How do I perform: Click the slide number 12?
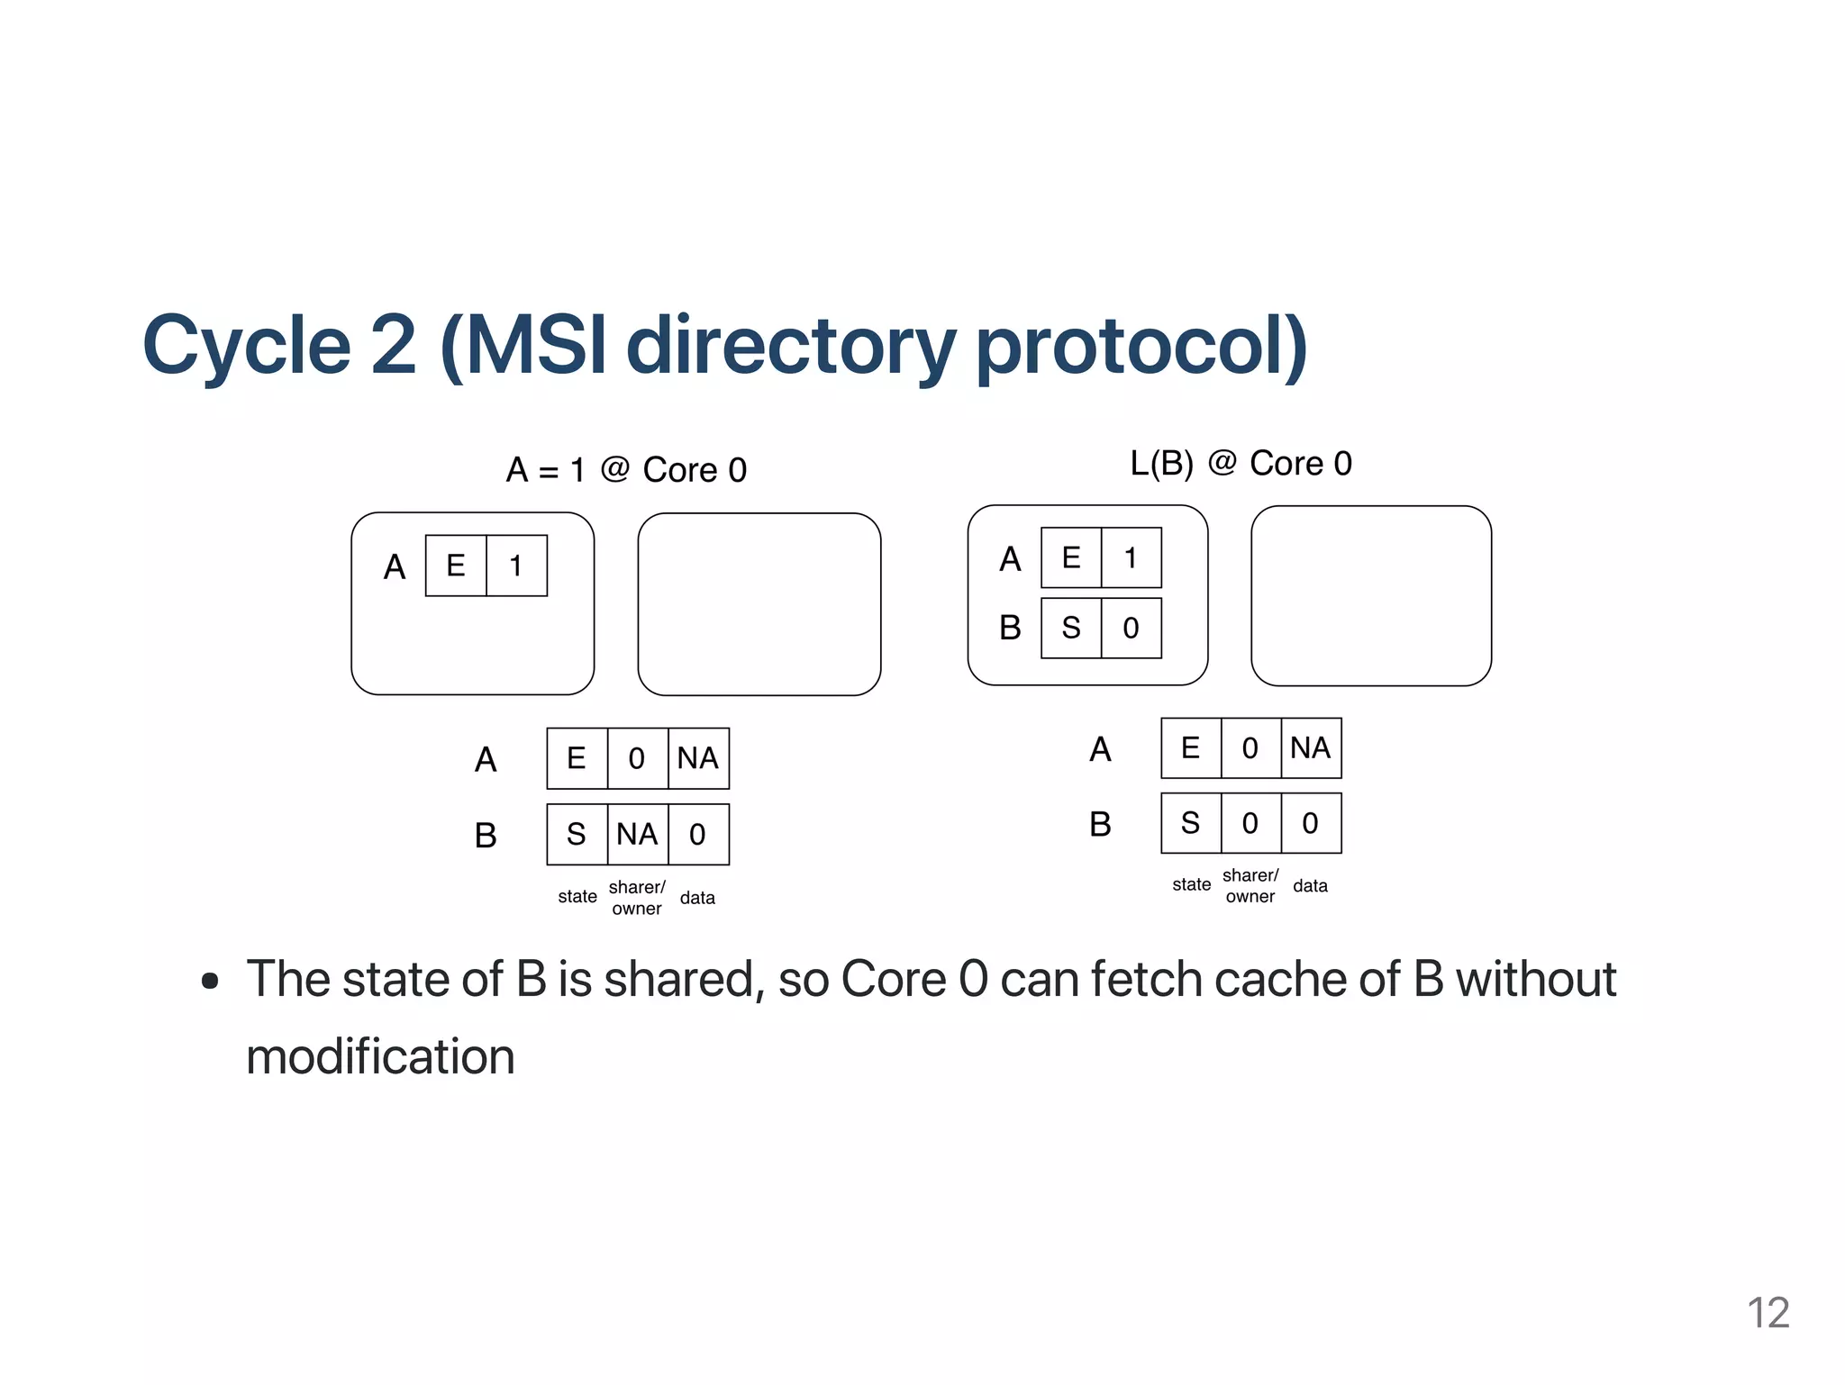click(1768, 1313)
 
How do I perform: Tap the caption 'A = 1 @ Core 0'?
click(626, 470)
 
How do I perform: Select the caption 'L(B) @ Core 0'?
click(1241, 464)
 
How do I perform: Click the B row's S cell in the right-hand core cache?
click(1070, 628)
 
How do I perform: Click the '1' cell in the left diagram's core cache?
click(516, 566)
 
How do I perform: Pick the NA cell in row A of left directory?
click(698, 758)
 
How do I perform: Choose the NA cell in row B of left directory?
click(637, 835)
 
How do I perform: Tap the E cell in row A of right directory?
click(1190, 748)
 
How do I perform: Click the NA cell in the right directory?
click(1310, 748)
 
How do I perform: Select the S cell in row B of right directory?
click(1190, 823)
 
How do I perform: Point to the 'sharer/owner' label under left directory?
click(637, 898)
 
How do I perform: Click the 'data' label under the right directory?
click(1310, 886)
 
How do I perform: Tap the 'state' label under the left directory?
click(577, 897)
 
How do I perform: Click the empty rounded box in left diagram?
click(759, 604)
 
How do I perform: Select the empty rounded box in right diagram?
click(1370, 596)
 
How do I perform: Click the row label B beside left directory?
click(486, 836)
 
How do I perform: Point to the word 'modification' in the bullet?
click(380, 1056)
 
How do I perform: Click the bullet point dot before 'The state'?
click(210, 981)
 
